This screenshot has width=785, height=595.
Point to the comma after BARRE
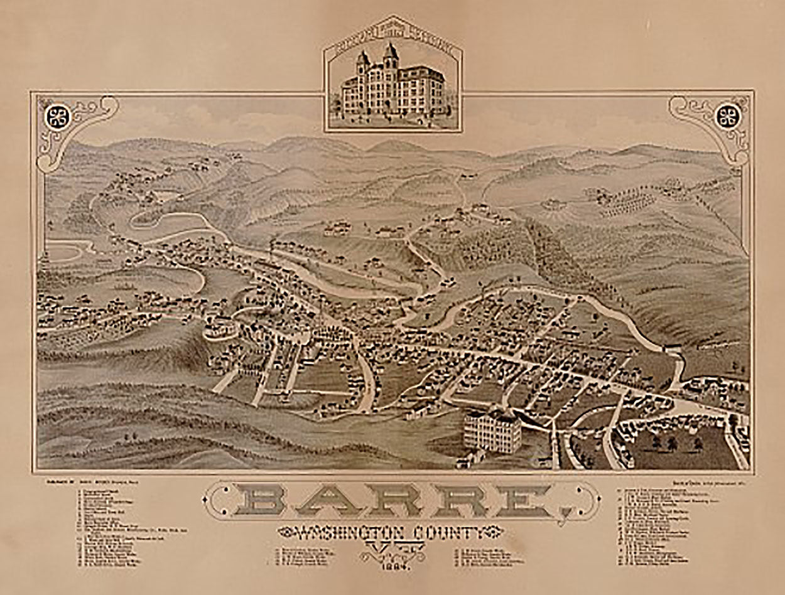[x=566, y=513]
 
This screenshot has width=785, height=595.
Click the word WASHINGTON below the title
[x=344, y=532]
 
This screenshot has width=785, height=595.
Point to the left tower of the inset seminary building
[x=363, y=63]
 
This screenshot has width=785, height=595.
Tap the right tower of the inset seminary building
[x=391, y=56]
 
